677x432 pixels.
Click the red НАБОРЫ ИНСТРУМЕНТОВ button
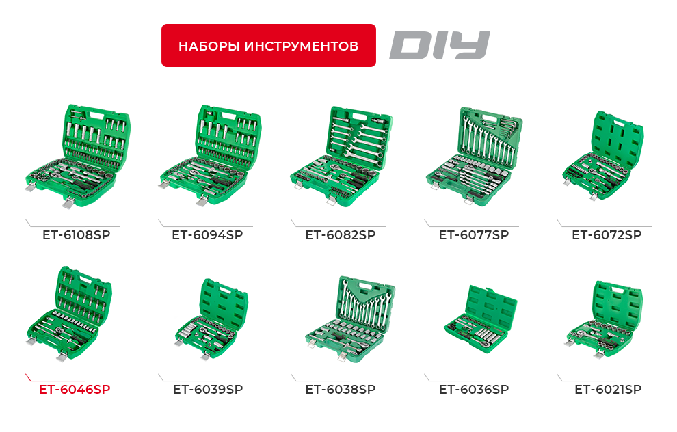tap(268, 46)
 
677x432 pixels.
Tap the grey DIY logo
tap(440, 46)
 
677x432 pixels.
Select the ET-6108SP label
tap(76, 234)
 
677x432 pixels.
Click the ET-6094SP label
tap(207, 234)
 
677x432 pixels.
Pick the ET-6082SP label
tap(340, 234)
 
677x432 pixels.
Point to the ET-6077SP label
tap(474, 234)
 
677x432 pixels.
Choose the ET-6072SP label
tap(607, 234)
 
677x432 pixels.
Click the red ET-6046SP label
tap(75, 389)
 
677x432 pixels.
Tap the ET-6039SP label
tap(208, 389)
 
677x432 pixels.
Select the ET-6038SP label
tap(340, 389)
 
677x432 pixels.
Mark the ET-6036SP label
tap(474, 389)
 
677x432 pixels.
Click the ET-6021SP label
tap(608, 389)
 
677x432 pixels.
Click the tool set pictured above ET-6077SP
tap(473, 153)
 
